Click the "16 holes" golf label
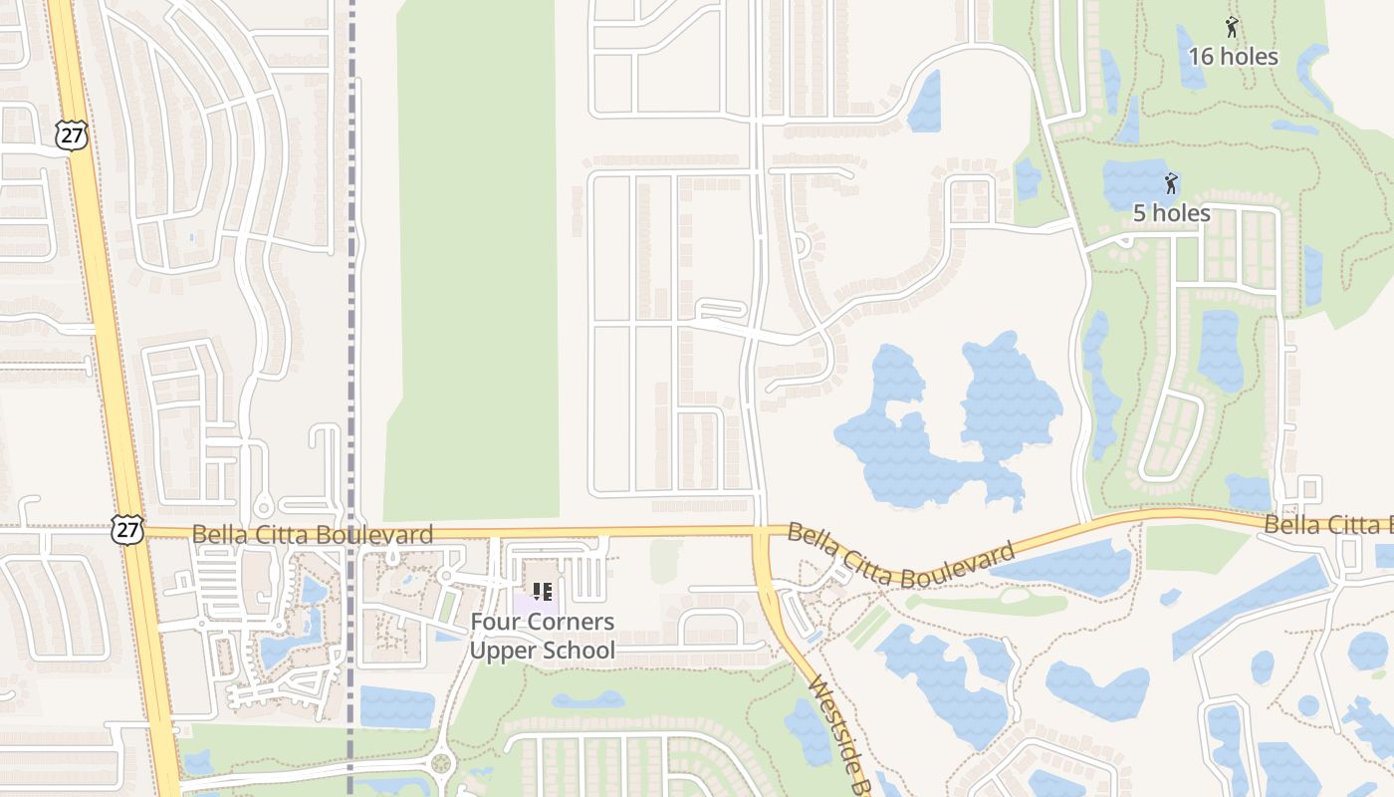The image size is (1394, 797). (x=1233, y=57)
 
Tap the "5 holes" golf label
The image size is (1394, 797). (x=1172, y=213)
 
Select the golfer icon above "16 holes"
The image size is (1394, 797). (x=1233, y=28)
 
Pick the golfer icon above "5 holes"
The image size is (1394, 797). (x=1172, y=184)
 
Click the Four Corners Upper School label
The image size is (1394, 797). (x=543, y=637)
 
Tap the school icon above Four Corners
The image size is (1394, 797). (x=543, y=592)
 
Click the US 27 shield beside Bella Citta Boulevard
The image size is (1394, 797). (x=128, y=530)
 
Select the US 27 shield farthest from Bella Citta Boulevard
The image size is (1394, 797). (x=72, y=135)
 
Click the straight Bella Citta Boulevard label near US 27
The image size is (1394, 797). (x=313, y=535)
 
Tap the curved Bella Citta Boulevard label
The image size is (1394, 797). (x=901, y=556)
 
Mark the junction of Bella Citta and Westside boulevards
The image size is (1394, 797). (x=762, y=535)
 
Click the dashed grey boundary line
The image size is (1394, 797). (x=350, y=299)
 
